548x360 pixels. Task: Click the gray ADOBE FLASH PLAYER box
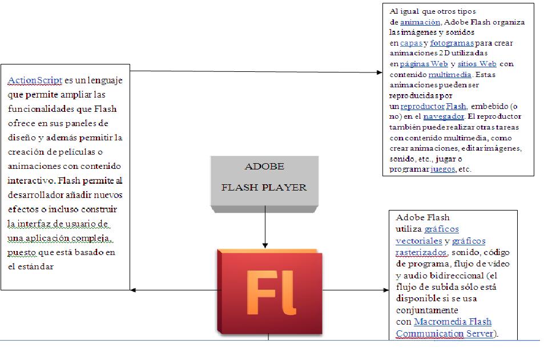(264, 180)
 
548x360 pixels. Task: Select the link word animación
(420, 22)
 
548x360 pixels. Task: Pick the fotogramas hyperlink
(452, 43)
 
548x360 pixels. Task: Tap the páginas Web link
(424, 64)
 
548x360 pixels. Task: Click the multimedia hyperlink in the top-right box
(450, 74)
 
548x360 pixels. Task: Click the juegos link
(442, 169)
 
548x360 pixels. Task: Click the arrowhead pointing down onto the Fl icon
(265, 244)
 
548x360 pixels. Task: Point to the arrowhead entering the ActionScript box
(133, 290)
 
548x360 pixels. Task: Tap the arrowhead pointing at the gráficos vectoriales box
(385, 290)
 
